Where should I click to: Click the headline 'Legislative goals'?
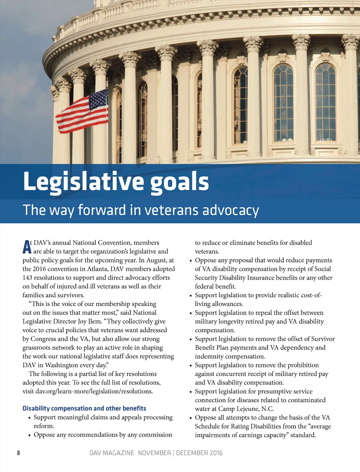coord(116,182)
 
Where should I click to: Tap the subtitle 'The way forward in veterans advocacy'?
coord(141,210)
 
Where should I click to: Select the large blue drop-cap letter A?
coord(27,247)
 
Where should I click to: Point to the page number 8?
coord(18,453)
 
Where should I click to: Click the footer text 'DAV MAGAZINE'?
coord(112,453)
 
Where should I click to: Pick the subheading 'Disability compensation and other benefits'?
coord(84,408)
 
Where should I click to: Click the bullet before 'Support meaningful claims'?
coord(30,418)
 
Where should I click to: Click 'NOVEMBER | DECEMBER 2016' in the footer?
coord(180,453)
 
